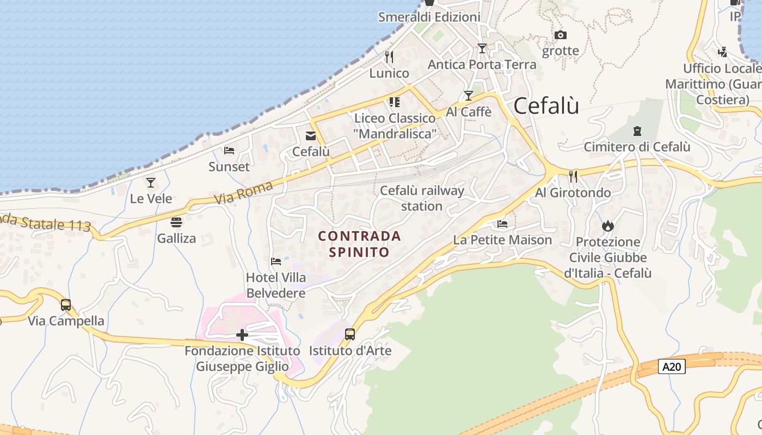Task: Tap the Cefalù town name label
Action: click(546, 106)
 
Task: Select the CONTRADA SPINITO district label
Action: click(359, 244)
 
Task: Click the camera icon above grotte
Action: click(560, 35)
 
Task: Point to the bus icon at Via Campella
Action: click(66, 305)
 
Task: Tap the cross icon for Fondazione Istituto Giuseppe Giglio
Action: click(242, 335)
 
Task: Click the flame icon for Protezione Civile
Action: click(607, 226)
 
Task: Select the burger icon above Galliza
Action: click(176, 222)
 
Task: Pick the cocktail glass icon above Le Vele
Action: click(151, 183)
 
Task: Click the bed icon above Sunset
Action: click(229, 151)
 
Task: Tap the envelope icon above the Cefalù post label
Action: click(311, 136)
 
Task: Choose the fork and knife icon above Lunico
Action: click(389, 57)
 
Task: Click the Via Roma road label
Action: click(243, 192)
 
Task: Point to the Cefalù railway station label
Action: click(422, 198)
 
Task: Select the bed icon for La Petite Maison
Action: click(502, 223)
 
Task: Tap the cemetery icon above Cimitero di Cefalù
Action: click(637, 131)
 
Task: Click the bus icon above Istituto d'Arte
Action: click(350, 334)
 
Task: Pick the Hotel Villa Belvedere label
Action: click(276, 285)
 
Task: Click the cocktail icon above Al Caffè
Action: click(468, 96)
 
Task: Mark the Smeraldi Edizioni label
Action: click(429, 17)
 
